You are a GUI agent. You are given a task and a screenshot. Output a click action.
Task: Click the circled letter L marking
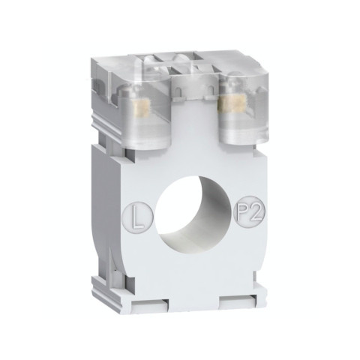point(138,217)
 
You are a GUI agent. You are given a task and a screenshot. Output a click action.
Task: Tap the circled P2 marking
point(250,211)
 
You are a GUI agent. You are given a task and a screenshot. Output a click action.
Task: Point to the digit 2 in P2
point(255,212)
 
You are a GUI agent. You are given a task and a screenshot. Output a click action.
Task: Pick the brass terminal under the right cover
point(229,104)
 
